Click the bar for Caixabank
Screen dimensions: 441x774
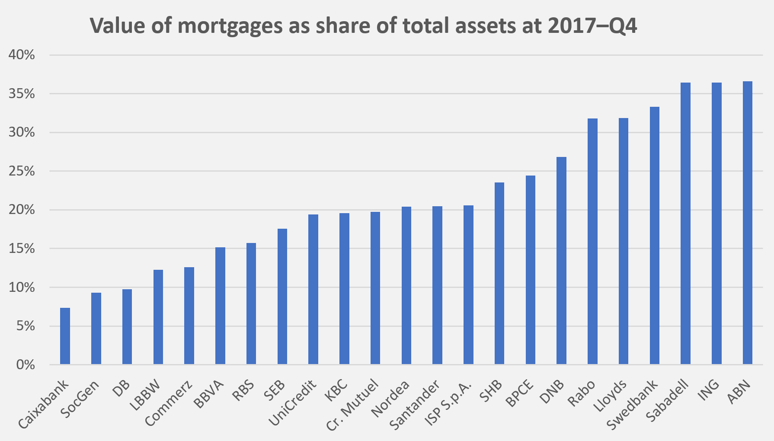[65, 336]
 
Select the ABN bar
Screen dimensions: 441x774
[748, 223]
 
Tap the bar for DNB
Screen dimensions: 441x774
[561, 260]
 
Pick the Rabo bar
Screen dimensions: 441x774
[592, 241]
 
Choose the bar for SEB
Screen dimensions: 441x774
[282, 296]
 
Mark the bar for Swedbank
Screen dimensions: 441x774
[655, 235]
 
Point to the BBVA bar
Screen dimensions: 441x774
[220, 306]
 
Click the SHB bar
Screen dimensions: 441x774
[499, 273]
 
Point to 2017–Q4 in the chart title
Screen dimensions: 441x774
[592, 26]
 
